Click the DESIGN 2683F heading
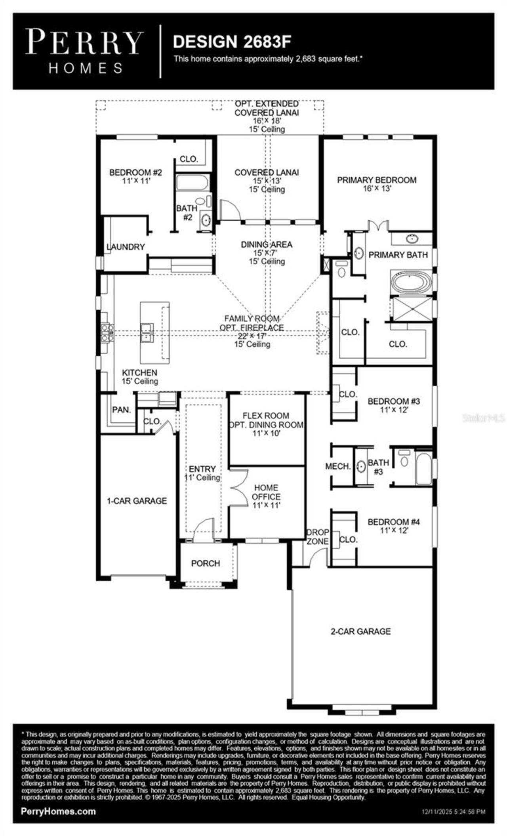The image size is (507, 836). (x=233, y=42)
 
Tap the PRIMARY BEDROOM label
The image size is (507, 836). (x=376, y=180)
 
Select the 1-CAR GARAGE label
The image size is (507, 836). (x=137, y=501)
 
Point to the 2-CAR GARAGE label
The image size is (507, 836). (x=360, y=631)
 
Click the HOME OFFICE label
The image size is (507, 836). (x=266, y=492)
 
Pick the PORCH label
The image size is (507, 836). (x=205, y=563)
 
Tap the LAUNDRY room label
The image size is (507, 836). (x=126, y=247)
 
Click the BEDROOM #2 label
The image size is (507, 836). (x=135, y=172)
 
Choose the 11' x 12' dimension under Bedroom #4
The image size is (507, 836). (x=393, y=531)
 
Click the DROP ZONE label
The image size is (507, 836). (x=318, y=536)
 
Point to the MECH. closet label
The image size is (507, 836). (x=338, y=466)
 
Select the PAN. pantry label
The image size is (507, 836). (x=121, y=410)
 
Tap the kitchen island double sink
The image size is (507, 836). (x=147, y=332)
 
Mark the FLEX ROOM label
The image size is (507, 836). (x=266, y=416)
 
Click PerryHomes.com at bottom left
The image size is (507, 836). (x=58, y=811)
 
